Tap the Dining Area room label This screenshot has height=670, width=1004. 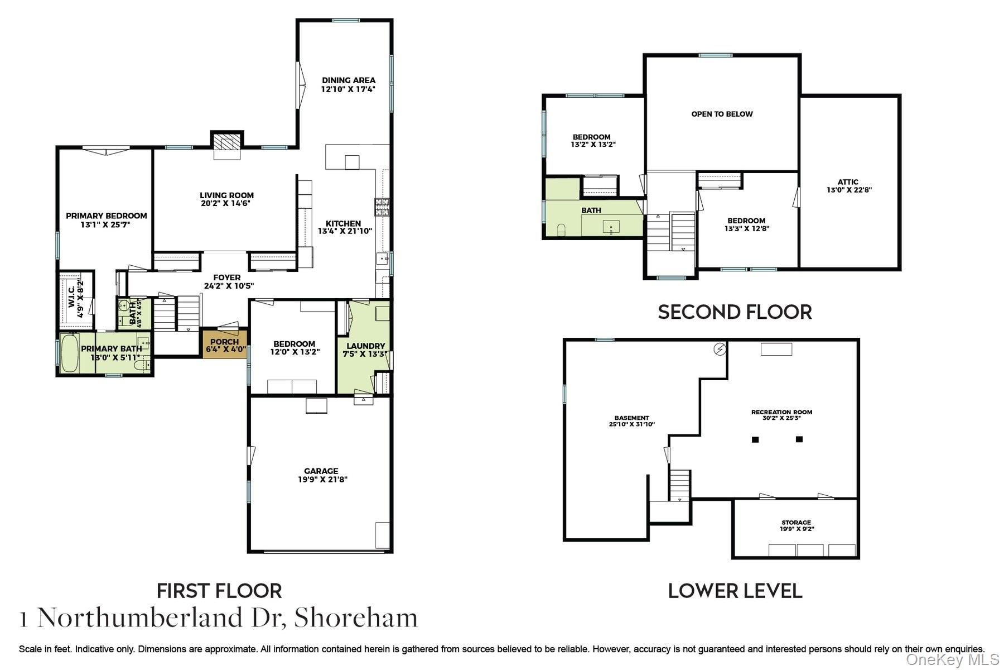pos(349,80)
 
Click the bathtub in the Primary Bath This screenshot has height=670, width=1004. pos(70,352)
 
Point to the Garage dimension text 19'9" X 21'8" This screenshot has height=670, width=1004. pos(322,479)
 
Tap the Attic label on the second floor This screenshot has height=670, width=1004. pos(848,182)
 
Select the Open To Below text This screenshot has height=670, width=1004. pos(722,114)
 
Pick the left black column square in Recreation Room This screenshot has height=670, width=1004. pos(755,439)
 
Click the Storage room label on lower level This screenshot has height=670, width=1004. pos(796,523)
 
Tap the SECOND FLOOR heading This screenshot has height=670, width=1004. pos(735,312)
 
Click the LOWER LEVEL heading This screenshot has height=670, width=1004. pos(735,591)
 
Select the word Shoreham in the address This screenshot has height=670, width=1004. pos(356,618)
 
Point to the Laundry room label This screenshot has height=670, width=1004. pos(366,346)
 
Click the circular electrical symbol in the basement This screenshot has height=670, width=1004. pos(720,350)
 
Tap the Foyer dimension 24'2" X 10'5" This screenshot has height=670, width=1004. pos(229,286)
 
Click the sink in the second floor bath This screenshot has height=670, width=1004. pos(612,227)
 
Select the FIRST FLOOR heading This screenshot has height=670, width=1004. pos(219,591)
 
